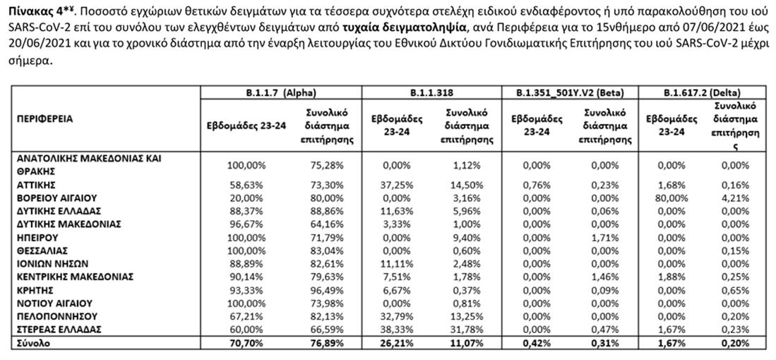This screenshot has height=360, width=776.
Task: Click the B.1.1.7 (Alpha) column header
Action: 281,92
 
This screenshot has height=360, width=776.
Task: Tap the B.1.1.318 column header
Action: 432,92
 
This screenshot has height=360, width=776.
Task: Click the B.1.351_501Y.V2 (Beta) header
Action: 570,92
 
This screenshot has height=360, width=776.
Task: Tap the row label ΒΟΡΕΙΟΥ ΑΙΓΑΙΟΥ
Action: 56,198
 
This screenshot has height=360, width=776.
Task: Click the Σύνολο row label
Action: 34,344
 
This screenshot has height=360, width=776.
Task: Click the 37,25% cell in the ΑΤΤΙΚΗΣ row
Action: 397,184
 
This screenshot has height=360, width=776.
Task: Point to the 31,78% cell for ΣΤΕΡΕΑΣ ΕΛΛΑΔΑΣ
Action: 466,330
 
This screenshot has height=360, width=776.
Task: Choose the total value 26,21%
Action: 397,344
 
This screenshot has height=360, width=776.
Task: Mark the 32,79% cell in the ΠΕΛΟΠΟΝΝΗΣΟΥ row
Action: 397,316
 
